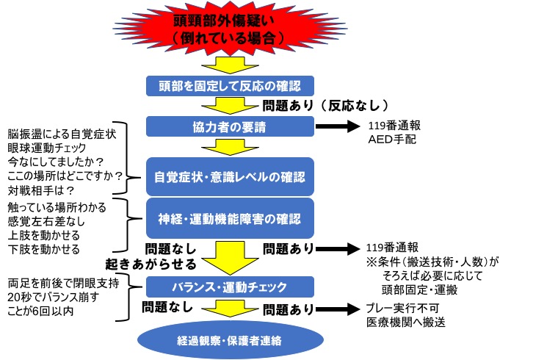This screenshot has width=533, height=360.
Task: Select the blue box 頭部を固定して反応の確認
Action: click(x=231, y=84)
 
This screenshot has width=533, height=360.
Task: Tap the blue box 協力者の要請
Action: click(x=231, y=126)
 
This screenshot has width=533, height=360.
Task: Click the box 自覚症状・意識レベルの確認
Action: click(x=231, y=177)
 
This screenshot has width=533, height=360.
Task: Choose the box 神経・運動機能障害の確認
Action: click(x=231, y=218)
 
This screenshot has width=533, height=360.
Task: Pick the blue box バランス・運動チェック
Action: click(x=231, y=287)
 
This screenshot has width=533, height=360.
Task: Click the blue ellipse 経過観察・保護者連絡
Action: click(x=231, y=341)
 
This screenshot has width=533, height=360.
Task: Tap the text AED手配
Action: click(x=392, y=138)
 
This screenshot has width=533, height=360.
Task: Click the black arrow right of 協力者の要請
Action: click(x=337, y=127)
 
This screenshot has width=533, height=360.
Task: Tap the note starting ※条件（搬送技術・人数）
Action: click(x=435, y=262)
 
